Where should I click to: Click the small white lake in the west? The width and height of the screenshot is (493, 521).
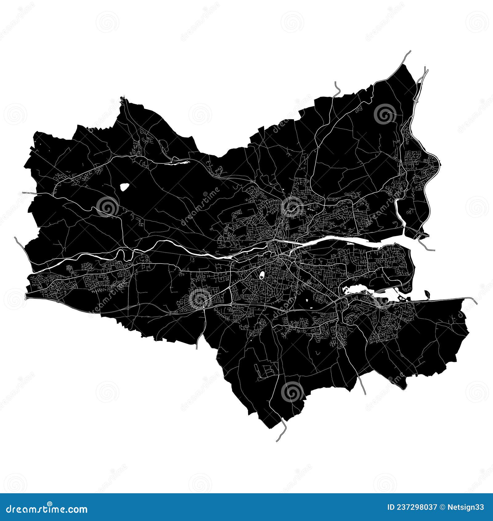124,187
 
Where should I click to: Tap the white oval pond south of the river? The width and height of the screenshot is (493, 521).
262,275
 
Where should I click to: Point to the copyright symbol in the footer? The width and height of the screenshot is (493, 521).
442,507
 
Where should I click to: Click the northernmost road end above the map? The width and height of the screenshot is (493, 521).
410,51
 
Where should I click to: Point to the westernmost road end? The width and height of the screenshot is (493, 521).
15,238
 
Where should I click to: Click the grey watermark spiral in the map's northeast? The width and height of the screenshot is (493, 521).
385,114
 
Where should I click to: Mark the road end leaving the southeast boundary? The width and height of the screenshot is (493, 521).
365,394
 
